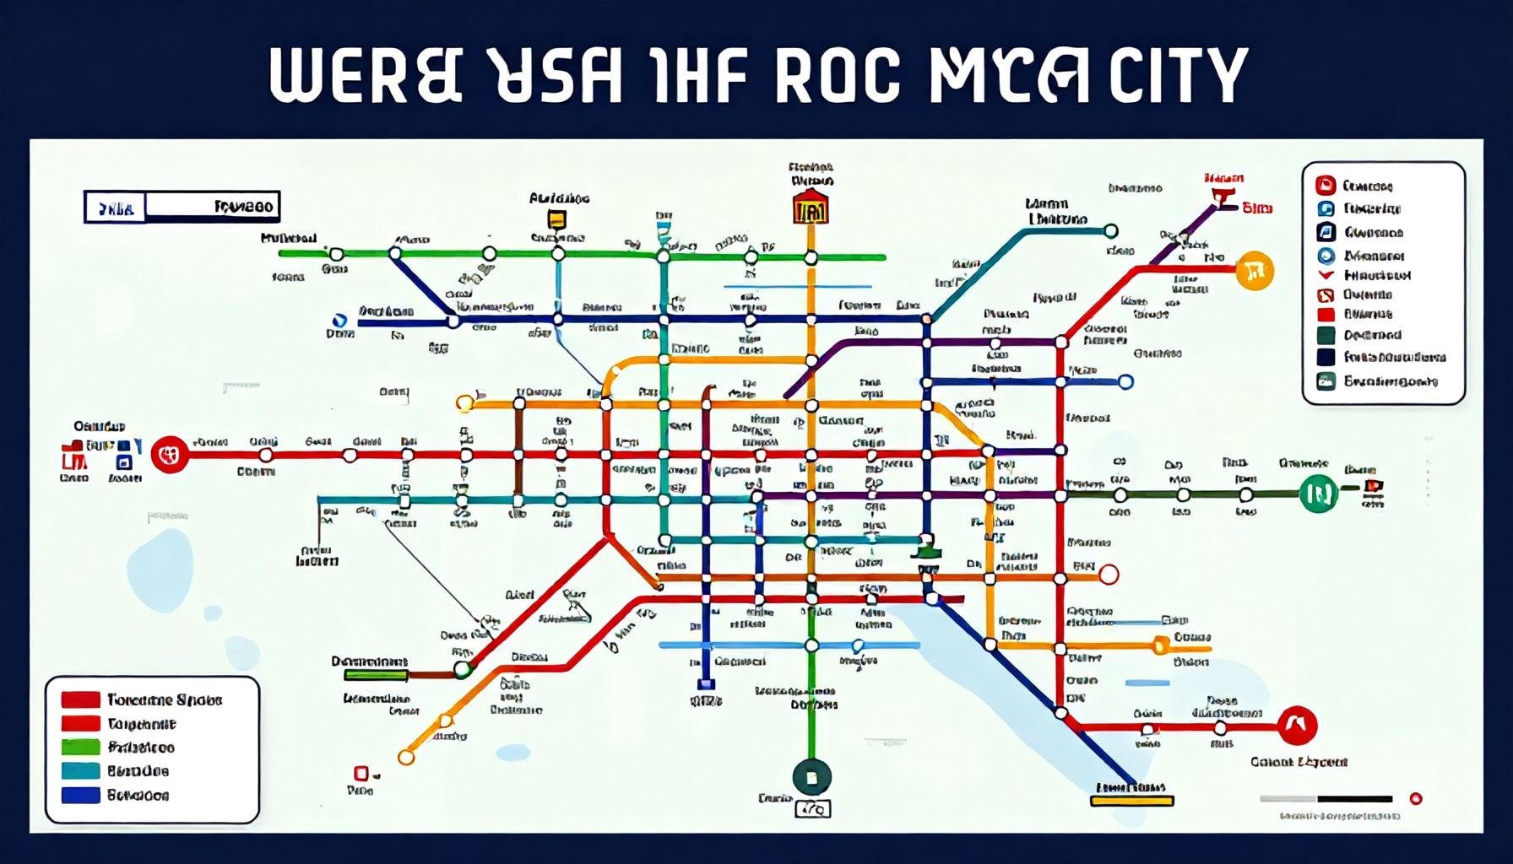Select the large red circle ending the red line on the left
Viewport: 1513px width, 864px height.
point(170,455)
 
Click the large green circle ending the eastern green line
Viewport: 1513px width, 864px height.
point(1318,493)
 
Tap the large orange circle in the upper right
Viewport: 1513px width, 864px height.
point(1254,271)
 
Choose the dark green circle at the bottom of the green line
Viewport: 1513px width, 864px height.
point(811,777)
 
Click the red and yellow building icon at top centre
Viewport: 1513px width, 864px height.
point(811,208)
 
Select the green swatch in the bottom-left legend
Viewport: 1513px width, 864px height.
point(81,748)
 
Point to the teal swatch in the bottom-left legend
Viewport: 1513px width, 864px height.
point(81,771)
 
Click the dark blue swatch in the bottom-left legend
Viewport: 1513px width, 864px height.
point(81,795)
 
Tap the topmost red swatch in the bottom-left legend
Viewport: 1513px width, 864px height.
point(81,699)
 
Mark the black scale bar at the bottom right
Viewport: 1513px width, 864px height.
point(1354,798)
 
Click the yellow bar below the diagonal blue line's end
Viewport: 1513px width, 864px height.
point(1131,800)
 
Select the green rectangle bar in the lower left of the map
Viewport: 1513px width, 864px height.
point(376,675)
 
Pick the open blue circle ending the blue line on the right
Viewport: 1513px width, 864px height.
point(1125,382)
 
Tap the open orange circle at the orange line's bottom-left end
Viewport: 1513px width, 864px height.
point(406,758)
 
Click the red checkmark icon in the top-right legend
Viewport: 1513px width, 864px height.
point(1326,275)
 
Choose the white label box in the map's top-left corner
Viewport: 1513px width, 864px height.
point(182,207)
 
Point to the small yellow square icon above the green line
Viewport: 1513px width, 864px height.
point(556,219)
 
